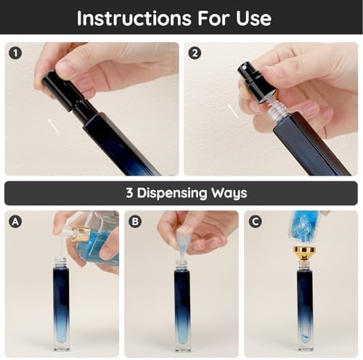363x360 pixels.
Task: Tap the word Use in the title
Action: pyautogui.click(x=253, y=18)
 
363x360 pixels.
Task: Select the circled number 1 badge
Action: pyautogui.click(x=16, y=53)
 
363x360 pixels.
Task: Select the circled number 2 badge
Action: pyautogui.click(x=195, y=53)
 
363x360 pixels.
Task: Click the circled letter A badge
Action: pyautogui.click(x=15, y=221)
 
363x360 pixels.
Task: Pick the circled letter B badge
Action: pyautogui.click(x=135, y=221)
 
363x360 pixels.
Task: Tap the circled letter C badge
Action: pyautogui.click(x=255, y=221)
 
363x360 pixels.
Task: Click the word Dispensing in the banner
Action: pyautogui.click(x=172, y=193)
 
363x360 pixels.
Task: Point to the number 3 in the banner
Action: pyautogui.click(x=129, y=193)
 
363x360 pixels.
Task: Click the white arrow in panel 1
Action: pyautogui.click(x=53, y=126)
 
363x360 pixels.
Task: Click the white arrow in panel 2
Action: pyautogui.click(x=233, y=111)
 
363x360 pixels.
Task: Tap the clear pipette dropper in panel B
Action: pyautogui.click(x=183, y=245)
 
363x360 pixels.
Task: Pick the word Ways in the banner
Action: pyautogui.click(x=229, y=193)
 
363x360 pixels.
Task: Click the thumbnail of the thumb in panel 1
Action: pyautogui.click(x=63, y=65)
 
